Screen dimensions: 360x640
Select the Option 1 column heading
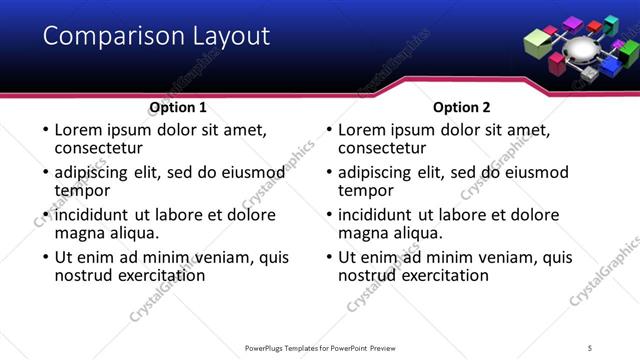coord(178,107)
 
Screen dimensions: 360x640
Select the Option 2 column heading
coord(461,107)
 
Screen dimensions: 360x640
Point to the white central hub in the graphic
coord(581,49)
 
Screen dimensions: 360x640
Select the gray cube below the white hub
coord(590,74)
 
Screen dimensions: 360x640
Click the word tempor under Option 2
coord(367,190)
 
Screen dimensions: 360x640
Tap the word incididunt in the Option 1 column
coord(99,215)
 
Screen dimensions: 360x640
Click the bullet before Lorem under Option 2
coord(329,130)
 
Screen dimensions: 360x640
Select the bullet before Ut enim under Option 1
coord(45,257)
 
